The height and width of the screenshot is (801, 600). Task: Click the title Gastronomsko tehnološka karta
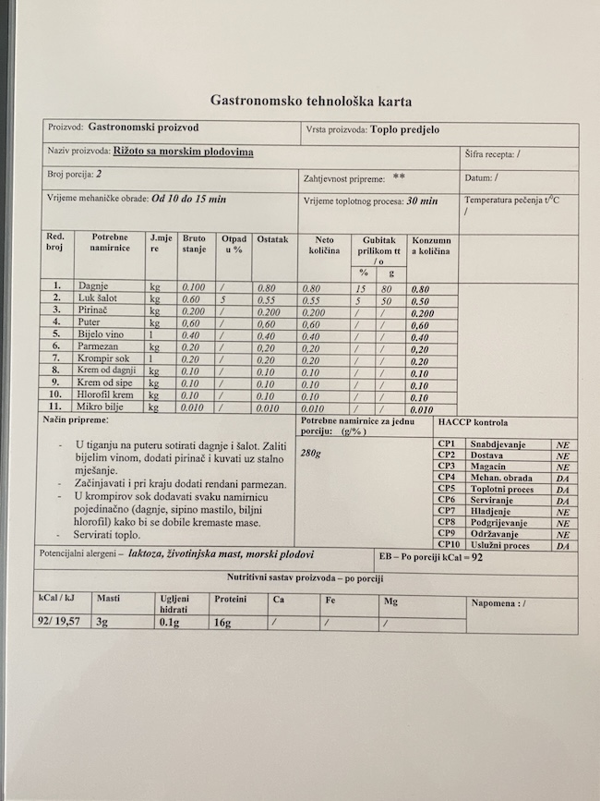311,101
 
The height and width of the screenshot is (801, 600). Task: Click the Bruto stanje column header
194,244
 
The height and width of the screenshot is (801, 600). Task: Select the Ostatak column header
273,239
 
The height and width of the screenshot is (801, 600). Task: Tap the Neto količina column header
321,245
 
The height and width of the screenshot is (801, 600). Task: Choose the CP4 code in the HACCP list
447,477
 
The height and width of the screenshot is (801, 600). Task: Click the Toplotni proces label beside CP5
501,488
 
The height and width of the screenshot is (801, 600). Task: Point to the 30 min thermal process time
418,200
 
